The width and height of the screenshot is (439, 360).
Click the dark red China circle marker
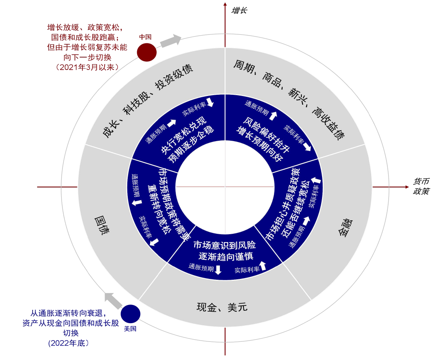point(147,53)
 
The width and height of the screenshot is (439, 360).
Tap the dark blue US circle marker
point(131,314)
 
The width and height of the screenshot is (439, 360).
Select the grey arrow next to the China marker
point(171,41)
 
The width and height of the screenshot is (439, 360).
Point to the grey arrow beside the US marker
point(112,300)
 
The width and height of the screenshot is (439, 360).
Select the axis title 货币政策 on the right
point(422,186)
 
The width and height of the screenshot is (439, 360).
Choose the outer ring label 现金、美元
point(222,307)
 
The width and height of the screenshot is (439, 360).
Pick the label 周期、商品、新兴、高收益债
point(289,99)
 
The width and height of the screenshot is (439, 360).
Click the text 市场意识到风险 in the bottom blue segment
point(224,245)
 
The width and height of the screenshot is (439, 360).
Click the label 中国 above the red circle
point(145,37)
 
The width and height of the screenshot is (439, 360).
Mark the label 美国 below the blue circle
point(130,329)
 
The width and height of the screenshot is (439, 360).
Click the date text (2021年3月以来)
point(87,67)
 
